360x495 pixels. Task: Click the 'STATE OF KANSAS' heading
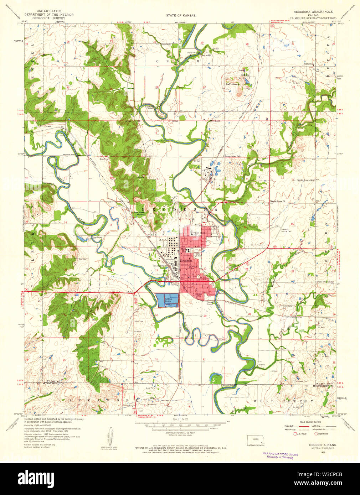click(x=180, y=16)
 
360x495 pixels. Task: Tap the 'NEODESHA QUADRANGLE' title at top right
click(x=313, y=12)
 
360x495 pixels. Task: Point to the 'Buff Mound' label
click(x=232, y=84)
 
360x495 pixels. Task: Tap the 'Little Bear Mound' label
click(x=138, y=213)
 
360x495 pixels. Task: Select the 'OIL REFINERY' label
click(x=160, y=265)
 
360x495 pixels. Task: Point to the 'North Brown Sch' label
click(x=306, y=180)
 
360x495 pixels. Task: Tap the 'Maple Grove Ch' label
click(x=278, y=201)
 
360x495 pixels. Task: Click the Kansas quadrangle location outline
click(x=256, y=439)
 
